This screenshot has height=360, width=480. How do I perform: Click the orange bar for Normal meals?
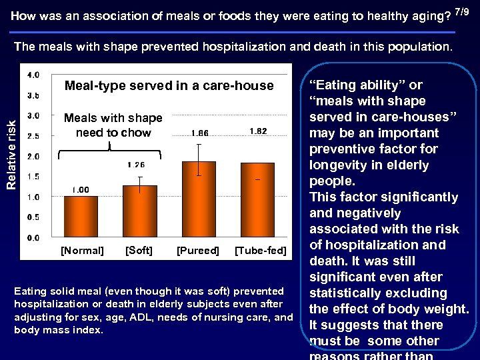81,217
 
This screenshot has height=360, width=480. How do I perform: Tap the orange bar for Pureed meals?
199,199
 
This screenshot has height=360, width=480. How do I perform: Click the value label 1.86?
199,133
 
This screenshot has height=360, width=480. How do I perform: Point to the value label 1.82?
257,131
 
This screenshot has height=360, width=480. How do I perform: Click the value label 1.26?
136,165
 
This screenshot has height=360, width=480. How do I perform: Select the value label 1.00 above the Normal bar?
81,189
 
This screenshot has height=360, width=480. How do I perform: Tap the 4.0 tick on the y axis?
33,75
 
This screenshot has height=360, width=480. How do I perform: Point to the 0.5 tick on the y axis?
33,217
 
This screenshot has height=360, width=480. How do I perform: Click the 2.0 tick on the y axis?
33,156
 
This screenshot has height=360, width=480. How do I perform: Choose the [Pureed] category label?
197,251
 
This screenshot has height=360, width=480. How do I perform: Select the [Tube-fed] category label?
261,251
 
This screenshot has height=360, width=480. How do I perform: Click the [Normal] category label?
82,251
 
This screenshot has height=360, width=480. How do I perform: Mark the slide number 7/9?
464,11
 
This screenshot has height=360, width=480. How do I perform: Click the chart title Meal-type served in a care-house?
169,85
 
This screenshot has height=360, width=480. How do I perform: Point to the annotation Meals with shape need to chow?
113,125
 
